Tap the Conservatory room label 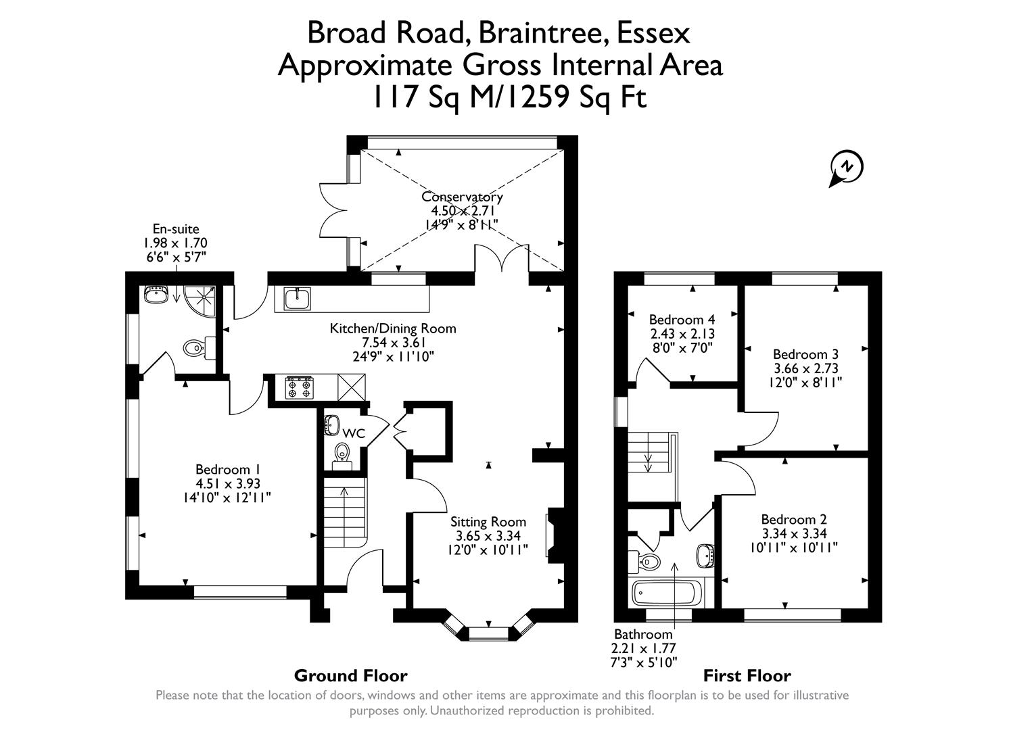click(x=462, y=197)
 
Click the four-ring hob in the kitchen click(x=298, y=387)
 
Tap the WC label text click(x=353, y=433)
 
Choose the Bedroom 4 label click(x=682, y=319)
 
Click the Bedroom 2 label click(x=794, y=519)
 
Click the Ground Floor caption click(x=350, y=675)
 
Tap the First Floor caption click(x=747, y=675)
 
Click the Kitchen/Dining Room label click(x=393, y=328)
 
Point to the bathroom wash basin click(x=705, y=556)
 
